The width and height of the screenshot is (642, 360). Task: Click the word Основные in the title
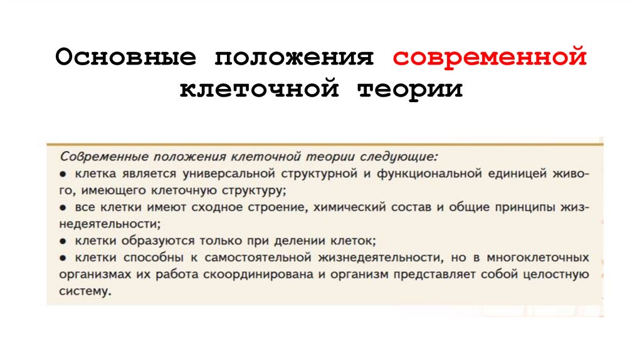(x=125, y=58)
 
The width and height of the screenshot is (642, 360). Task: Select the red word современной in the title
(x=490, y=58)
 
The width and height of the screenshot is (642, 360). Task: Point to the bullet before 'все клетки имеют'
(x=65, y=206)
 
